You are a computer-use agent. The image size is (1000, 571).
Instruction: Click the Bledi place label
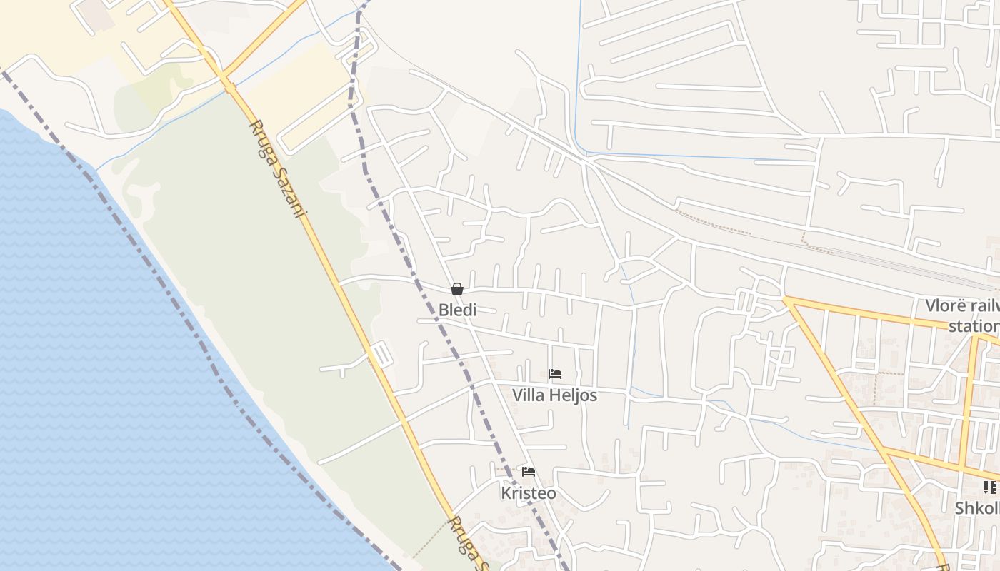click(x=457, y=310)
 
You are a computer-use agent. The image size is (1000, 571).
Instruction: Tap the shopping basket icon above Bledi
click(x=457, y=289)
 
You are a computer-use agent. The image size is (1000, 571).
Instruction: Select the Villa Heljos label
click(x=554, y=395)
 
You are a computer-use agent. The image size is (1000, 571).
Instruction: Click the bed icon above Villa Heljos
click(x=555, y=374)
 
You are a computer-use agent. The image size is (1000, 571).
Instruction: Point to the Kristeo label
click(x=529, y=493)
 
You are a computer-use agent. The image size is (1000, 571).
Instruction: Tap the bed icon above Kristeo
click(x=529, y=472)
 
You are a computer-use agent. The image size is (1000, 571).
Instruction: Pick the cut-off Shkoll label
click(x=976, y=508)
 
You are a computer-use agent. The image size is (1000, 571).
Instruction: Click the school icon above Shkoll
click(x=989, y=487)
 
